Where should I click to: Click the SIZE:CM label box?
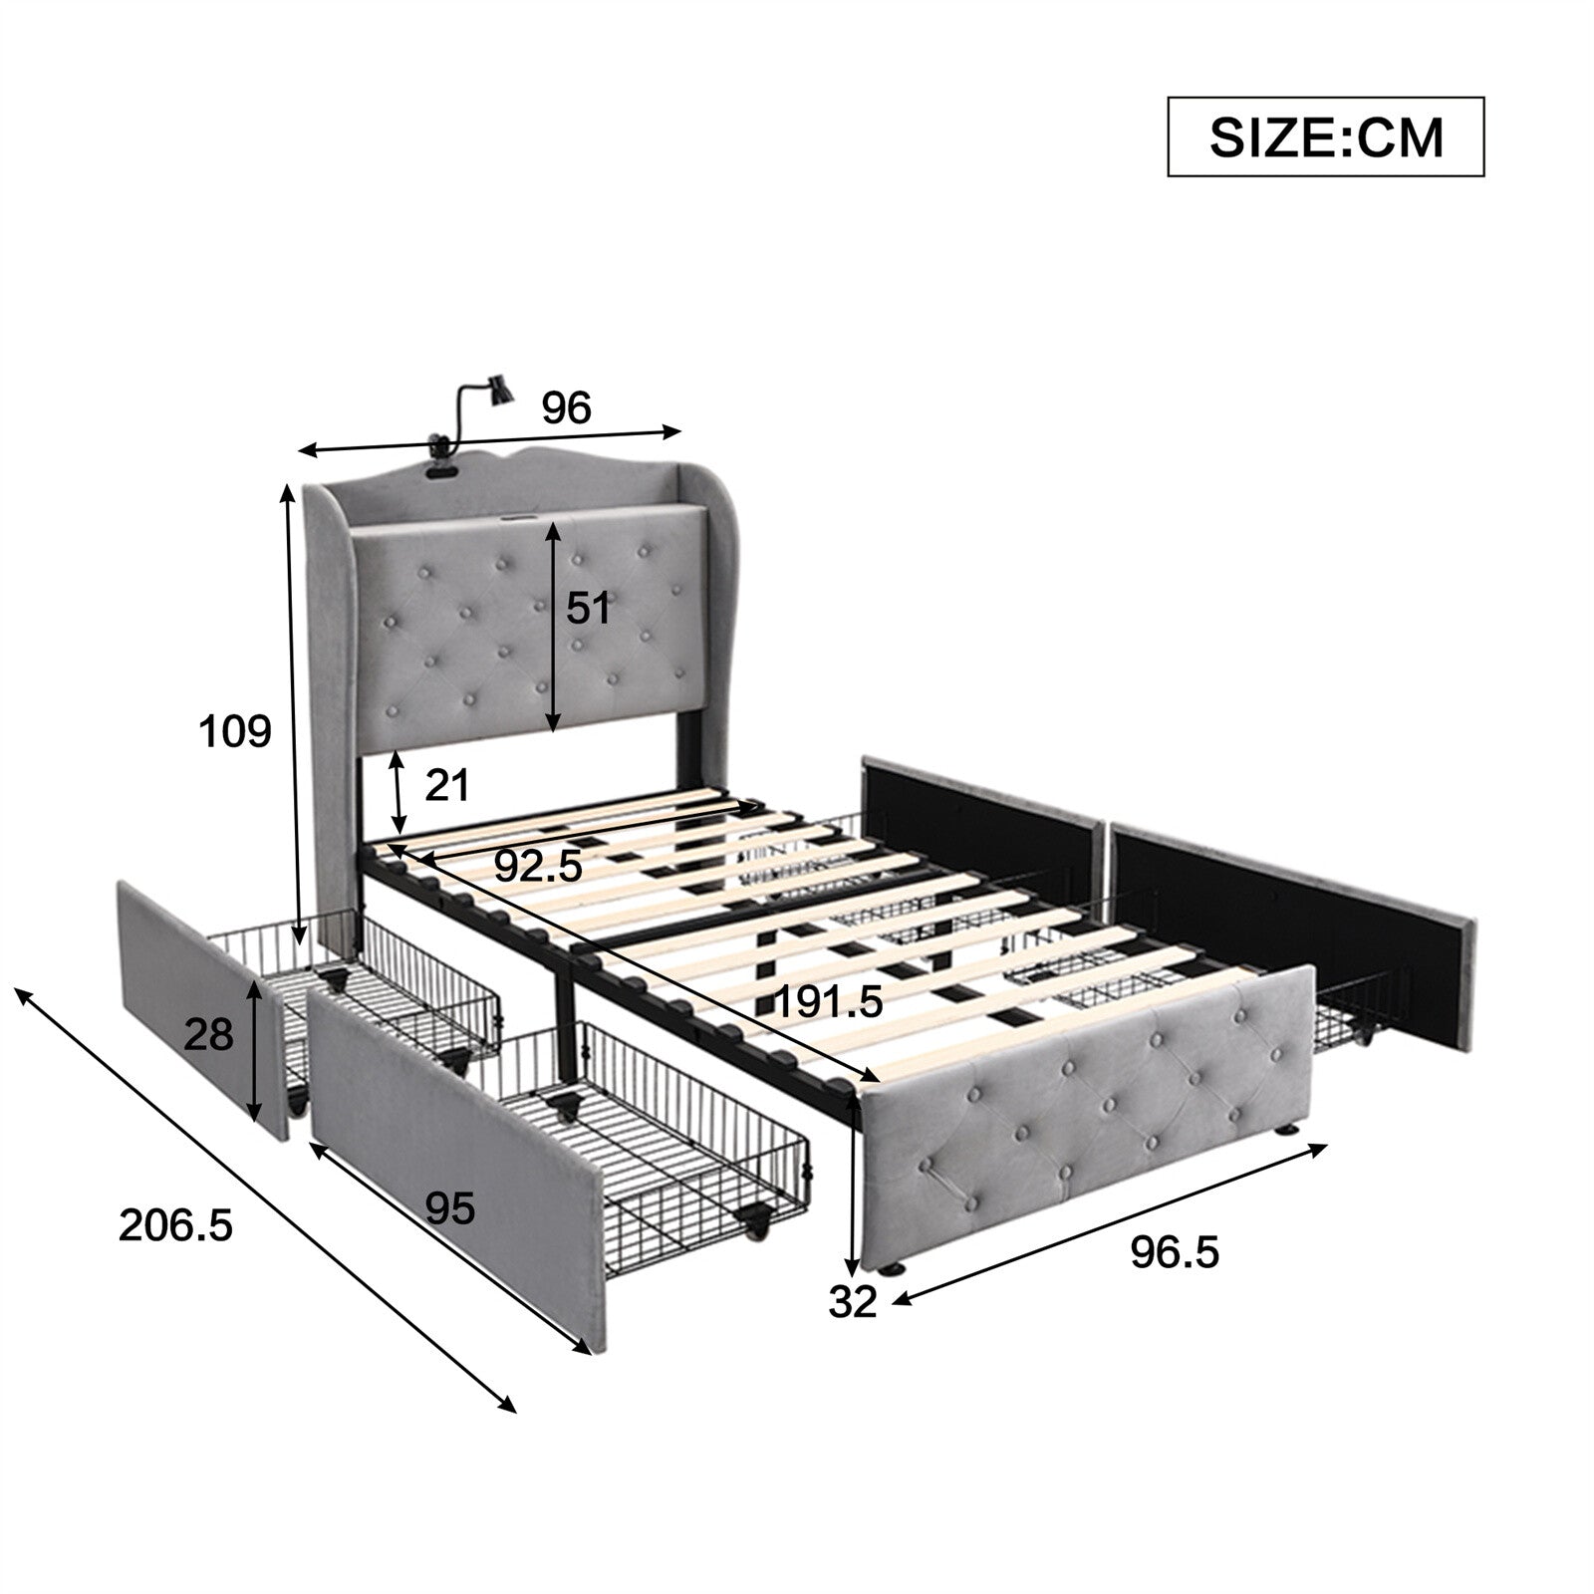coord(1326,136)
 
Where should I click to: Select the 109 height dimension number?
coord(235,732)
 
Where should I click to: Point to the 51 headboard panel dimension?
coord(588,608)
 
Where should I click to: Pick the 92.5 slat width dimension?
coord(538,866)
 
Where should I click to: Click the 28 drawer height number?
coord(208,1036)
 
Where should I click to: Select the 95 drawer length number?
coord(450,1208)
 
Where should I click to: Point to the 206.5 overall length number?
coord(175,1224)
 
